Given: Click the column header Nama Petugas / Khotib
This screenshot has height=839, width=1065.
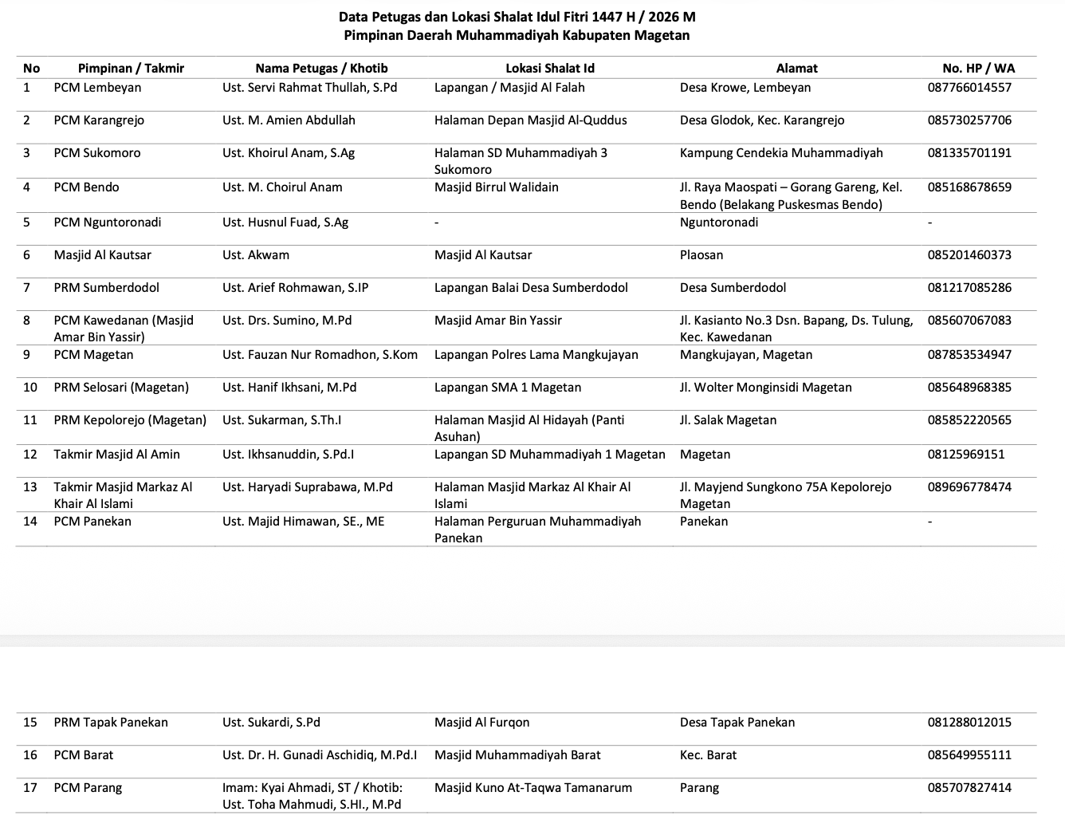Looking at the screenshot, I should point(321,69).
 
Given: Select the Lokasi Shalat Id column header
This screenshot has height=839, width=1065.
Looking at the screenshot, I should point(550,69).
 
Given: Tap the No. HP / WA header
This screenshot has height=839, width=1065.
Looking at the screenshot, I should point(978,69).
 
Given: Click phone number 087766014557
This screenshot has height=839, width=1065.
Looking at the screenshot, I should point(969,88).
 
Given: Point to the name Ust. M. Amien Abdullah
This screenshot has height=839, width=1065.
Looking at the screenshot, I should point(289,120).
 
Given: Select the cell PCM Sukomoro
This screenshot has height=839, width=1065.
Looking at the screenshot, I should point(97,153).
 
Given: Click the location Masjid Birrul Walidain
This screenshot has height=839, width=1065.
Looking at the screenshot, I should point(496,187).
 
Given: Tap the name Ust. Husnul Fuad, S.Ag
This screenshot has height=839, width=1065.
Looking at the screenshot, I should point(285,223).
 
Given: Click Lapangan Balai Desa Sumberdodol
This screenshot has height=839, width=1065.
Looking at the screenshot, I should point(531,288).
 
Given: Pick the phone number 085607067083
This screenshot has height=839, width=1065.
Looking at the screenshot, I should point(969,321).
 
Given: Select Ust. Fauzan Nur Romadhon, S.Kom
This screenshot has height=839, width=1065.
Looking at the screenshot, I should point(320,355).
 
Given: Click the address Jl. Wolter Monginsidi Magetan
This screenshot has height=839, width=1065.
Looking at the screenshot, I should point(765,388).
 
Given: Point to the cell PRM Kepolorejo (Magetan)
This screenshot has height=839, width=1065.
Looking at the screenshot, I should point(130,420).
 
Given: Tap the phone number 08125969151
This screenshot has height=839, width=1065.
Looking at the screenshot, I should point(966,455).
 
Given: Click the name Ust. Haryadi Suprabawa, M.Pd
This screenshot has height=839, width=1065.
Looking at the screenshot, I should point(308,487).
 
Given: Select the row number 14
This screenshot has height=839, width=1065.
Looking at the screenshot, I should point(30,522).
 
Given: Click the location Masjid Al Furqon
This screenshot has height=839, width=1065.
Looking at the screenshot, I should point(481,723).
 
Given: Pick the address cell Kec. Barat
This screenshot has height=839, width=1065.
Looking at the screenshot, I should point(708,755).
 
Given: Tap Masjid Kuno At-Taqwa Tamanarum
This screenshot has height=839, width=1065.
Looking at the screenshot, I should point(532,788).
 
